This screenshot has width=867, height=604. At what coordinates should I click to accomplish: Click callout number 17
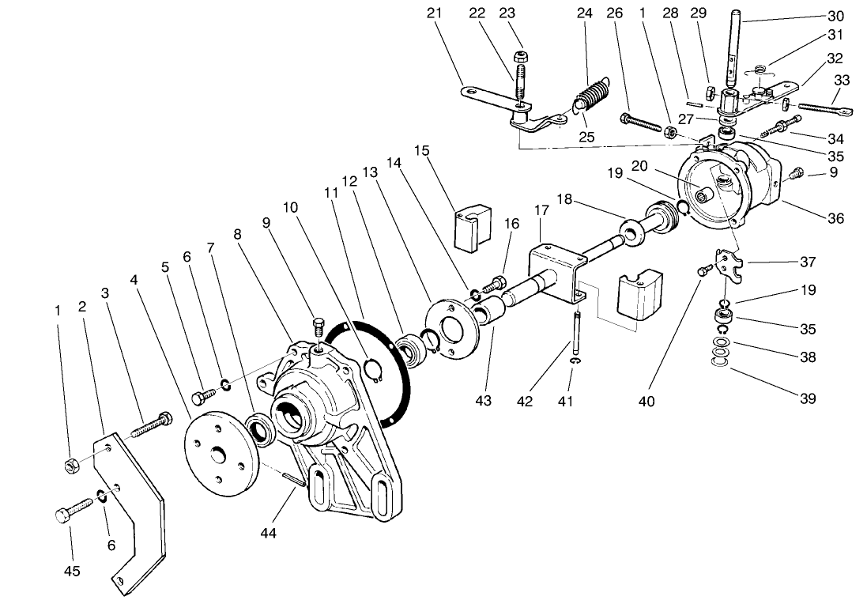(541, 212)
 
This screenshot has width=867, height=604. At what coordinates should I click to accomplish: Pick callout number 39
(807, 398)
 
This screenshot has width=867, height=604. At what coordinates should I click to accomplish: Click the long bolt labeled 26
(642, 125)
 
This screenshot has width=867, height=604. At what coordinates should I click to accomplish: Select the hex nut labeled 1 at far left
(69, 466)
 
